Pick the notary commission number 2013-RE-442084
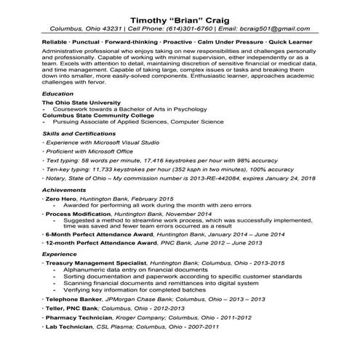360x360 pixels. click(x=212, y=178)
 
